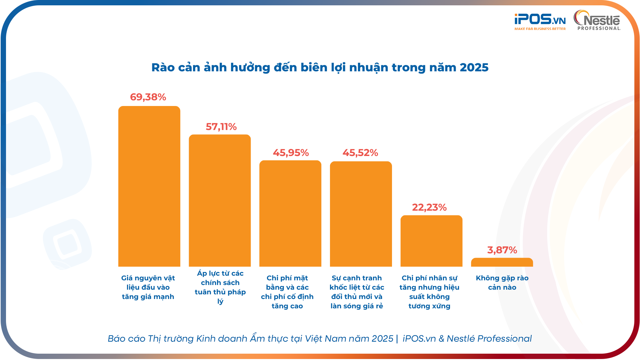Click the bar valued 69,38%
pyautogui.click(x=149, y=187)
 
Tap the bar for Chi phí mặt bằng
pyautogui.click(x=290, y=213)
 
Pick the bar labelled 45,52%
pyautogui.click(x=361, y=214)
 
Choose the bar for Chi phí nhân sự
pyautogui.click(x=431, y=241)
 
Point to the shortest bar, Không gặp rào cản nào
pyautogui.click(x=502, y=262)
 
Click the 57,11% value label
pyautogui.click(x=221, y=127)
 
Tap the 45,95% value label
pyautogui.click(x=291, y=153)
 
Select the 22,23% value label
pyautogui.click(x=429, y=207)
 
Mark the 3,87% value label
pyautogui.click(x=502, y=250)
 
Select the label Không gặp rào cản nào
pyautogui.click(x=502, y=282)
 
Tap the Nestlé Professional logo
pyautogui.click(x=597, y=20)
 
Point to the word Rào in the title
pyautogui.click(x=163, y=67)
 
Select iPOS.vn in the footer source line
pyautogui.click(x=419, y=338)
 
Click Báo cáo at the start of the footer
pyautogui.click(x=126, y=338)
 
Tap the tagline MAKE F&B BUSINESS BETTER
pyautogui.click(x=540, y=29)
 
